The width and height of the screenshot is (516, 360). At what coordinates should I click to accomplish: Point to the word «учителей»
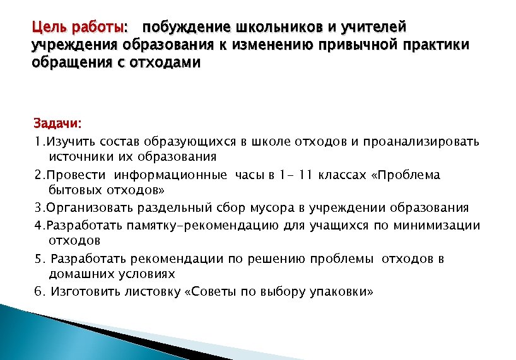click(374, 28)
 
